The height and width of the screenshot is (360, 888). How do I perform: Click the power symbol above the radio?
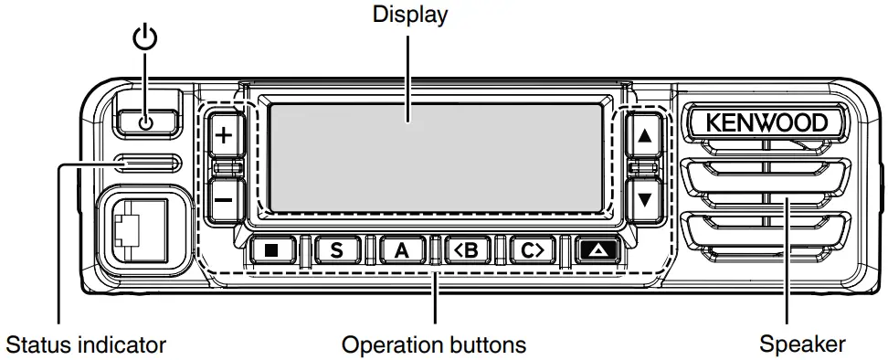point(145,39)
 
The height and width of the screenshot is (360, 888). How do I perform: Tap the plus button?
point(224,137)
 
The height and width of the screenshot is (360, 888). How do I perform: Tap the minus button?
point(224,196)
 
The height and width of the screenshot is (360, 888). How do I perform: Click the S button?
point(337,249)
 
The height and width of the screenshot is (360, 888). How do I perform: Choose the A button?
point(400,249)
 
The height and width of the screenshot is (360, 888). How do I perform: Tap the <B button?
point(463,249)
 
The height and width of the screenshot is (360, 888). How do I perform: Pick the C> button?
point(527,249)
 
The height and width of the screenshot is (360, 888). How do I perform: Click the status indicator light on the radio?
point(145,164)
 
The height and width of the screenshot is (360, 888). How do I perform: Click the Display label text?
point(409,16)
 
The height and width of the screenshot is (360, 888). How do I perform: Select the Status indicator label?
point(86,344)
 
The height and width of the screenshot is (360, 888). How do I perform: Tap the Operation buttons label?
point(434,344)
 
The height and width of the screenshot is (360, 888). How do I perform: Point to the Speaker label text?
point(802,344)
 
